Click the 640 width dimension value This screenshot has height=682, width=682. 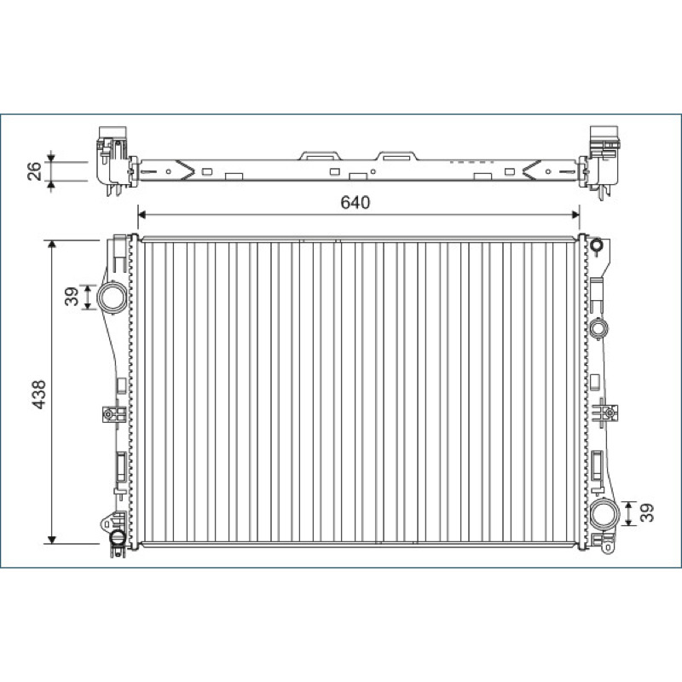[x=355, y=202]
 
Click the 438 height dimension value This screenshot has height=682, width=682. [x=39, y=395]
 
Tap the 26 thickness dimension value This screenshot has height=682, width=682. [x=34, y=171]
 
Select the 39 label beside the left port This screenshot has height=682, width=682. [x=72, y=296]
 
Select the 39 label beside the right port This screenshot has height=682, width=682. [x=647, y=512]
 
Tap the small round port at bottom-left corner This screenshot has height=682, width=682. [x=118, y=538]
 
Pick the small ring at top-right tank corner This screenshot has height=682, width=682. [x=597, y=246]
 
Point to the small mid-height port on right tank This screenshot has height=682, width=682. [x=599, y=328]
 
